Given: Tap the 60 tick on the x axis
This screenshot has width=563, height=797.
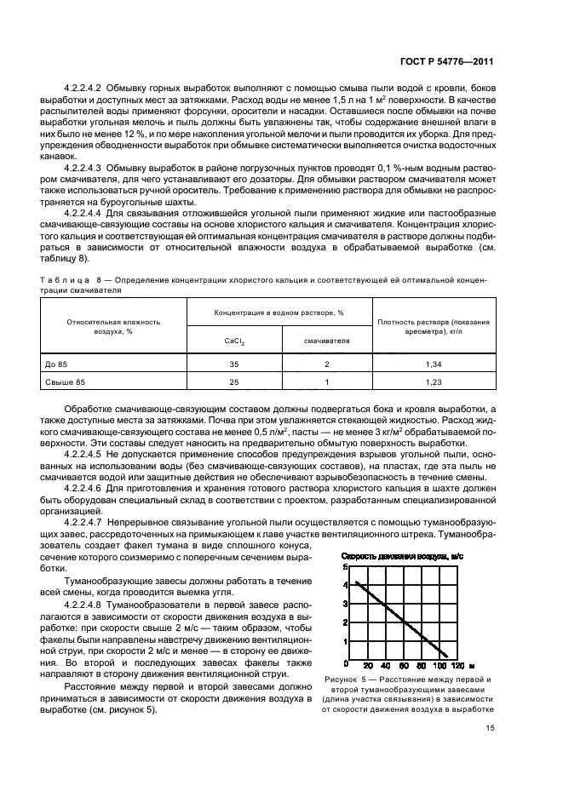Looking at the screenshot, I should [x=402, y=665].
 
